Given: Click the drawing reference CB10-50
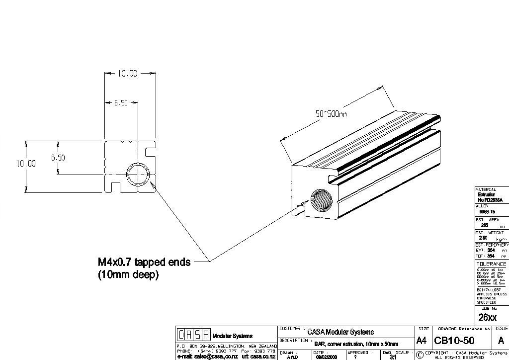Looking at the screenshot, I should (454, 341).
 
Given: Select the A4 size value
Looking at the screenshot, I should (421, 341).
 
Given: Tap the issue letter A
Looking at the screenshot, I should (501, 341).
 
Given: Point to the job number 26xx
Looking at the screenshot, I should (487, 317).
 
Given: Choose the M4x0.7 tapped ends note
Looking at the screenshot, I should (144, 262).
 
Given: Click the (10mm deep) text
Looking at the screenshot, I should (128, 274).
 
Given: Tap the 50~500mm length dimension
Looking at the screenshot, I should (331, 114).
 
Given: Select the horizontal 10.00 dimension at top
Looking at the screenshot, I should (127, 74).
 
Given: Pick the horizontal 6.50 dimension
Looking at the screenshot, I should (121, 103).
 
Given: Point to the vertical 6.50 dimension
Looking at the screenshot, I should (58, 158).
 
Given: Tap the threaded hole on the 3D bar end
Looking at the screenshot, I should (322, 201).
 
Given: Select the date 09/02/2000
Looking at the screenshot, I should (326, 357).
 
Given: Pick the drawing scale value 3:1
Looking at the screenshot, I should (393, 357).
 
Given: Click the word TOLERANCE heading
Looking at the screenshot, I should (491, 264).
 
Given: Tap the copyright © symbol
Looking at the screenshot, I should (420, 355).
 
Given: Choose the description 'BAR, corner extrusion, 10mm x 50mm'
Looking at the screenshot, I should (356, 344).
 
